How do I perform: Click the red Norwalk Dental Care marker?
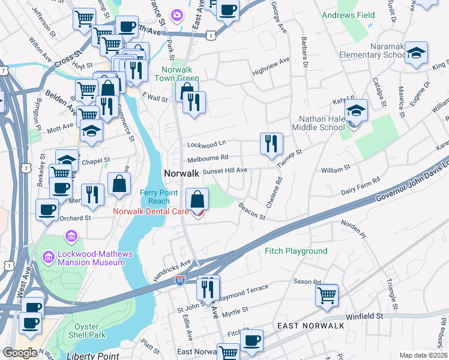point(197,212)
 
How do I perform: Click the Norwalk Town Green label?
point(176,74)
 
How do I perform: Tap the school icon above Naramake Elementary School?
point(416,53)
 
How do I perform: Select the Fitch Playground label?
point(297,251)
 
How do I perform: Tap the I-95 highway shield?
point(180,280)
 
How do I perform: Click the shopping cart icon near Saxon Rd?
point(327,295)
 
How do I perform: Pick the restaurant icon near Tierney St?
point(271,143)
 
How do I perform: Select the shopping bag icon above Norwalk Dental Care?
point(197,197)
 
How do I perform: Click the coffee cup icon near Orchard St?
point(47,209)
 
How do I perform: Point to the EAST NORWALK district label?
point(311,325)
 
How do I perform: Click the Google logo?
point(20,352)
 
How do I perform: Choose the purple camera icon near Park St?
point(176,14)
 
